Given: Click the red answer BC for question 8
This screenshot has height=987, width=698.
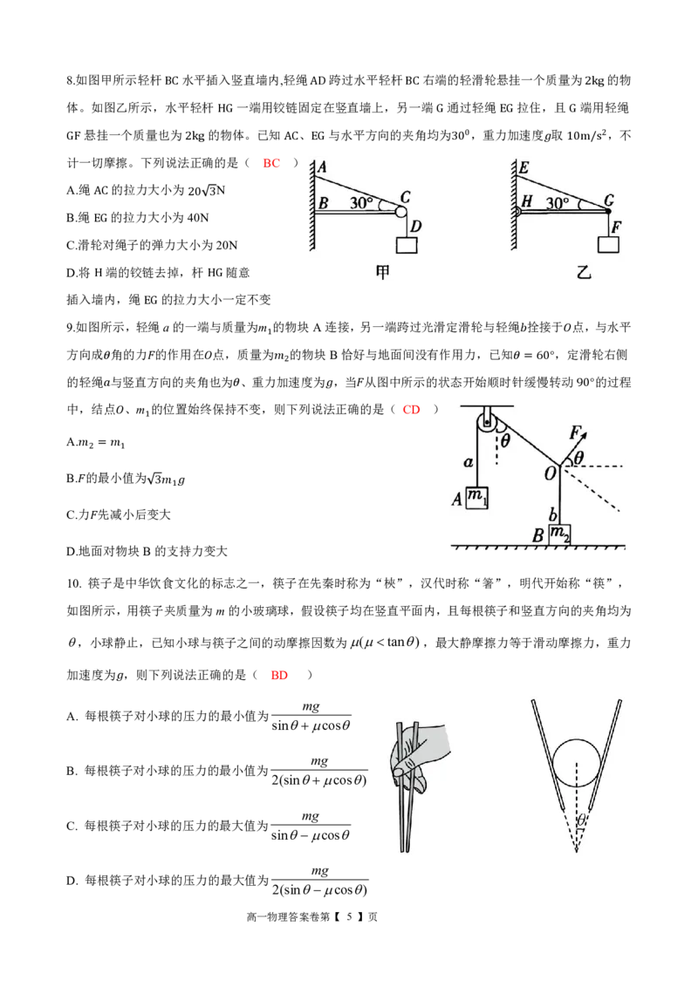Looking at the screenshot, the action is click(x=271, y=163).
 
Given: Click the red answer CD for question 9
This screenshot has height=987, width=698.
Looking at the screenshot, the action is click(x=411, y=410).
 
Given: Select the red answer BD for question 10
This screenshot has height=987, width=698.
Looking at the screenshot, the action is click(x=279, y=676).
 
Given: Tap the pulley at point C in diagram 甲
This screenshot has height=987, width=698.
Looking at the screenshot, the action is click(x=401, y=212).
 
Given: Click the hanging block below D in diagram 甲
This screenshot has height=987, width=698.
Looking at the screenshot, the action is click(x=407, y=244).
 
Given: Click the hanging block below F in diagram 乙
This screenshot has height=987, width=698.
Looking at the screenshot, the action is click(x=608, y=243).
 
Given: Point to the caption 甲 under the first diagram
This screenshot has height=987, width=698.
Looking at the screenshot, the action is click(x=382, y=272).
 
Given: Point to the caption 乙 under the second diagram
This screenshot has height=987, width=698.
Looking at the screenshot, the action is click(x=584, y=272).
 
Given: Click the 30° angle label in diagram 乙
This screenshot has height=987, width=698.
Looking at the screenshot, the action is click(x=558, y=202).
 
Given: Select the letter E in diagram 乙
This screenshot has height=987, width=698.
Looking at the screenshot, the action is click(x=523, y=167).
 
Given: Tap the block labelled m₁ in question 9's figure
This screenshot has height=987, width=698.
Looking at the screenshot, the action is click(x=476, y=498).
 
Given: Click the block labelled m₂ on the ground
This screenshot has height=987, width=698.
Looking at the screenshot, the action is click(x=559, y=534).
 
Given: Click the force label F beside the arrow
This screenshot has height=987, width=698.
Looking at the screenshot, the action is click(x=575, y=432).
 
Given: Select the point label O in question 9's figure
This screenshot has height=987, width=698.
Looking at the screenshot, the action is click(x=550, y=473).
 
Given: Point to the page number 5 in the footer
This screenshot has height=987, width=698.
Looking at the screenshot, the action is click(x=349, y=917).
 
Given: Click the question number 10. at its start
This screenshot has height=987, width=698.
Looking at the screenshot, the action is click(x=73, y=583).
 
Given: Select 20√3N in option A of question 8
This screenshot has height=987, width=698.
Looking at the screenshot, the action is click(x=207, y=190).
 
